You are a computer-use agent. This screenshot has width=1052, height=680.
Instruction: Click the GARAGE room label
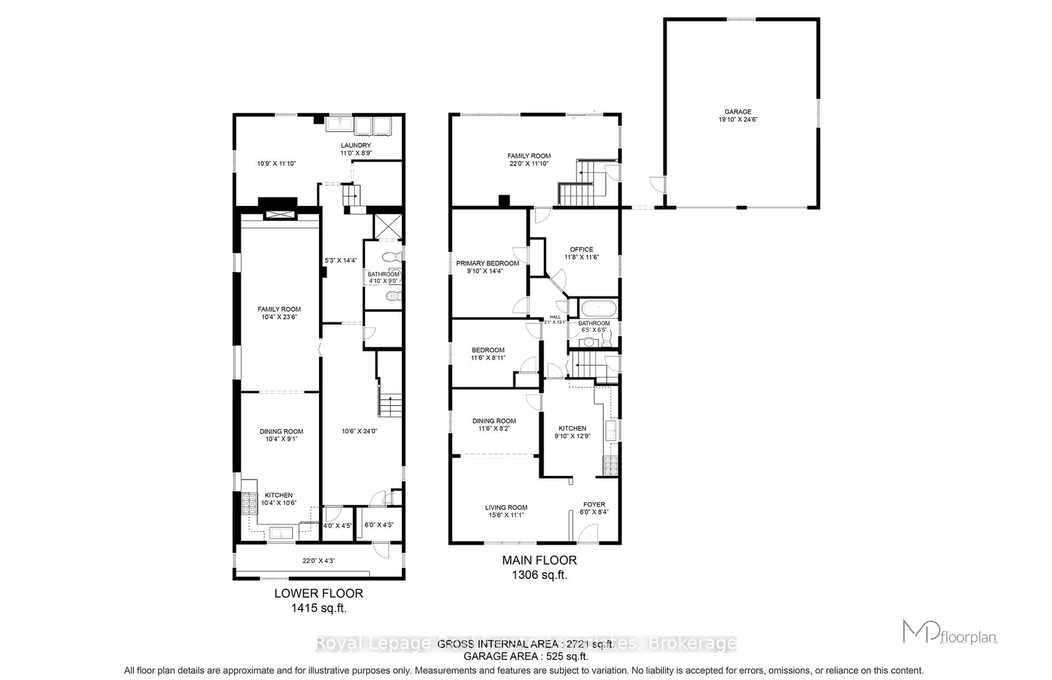coord(737,112)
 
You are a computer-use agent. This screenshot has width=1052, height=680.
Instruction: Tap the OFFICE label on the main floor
coord(581,249)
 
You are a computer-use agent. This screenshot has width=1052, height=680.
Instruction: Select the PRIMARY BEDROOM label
coord(487,263)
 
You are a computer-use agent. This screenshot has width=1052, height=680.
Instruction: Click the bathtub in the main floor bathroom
coord(598,308)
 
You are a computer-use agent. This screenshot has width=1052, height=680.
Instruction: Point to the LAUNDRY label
coord(356,145)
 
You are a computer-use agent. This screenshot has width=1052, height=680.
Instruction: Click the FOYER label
coord(594,504)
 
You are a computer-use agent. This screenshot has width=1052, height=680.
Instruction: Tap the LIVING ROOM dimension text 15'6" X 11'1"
coord(506,515)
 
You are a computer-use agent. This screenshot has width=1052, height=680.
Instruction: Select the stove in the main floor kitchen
coord(611,466)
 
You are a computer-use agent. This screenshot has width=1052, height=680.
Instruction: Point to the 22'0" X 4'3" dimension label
coord(319,561)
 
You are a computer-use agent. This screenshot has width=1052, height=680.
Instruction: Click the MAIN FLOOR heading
coord(539,560)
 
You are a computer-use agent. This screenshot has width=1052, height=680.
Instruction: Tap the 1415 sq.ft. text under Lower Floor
coord(319,608)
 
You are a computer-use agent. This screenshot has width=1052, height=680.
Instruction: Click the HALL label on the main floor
coord(555,317)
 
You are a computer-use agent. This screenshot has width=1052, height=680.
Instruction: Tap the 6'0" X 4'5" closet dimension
coord(379,525)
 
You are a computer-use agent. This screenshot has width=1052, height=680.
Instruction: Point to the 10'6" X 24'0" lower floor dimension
coord(359,431)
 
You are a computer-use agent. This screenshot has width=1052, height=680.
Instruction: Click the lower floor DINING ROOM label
coord(281,431)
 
